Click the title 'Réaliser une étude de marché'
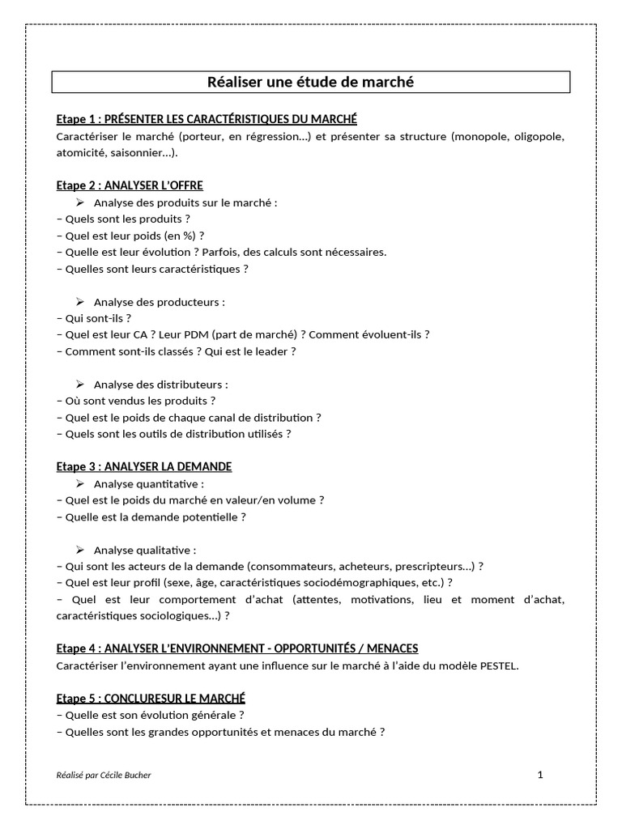(x=311, y=82)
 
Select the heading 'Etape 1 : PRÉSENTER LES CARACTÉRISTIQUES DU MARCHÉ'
(x=207, y=119)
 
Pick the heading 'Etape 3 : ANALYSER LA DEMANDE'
(x=144, y=466)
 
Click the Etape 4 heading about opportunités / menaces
(x=237, y=648)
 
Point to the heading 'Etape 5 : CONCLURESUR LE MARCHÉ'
(x=151, y=698)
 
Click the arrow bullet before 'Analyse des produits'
(x=80, y=202)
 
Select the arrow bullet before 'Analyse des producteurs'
(x=80, y=302)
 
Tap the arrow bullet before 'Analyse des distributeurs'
(x=80, y=385)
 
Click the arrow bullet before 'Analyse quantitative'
(x=80, y=483)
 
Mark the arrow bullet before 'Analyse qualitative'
(x=80, y=550)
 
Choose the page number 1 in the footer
(x=540, y=775)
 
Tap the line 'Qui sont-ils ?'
(x=94, y=318)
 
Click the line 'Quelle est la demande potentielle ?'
(x=151, y=517)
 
